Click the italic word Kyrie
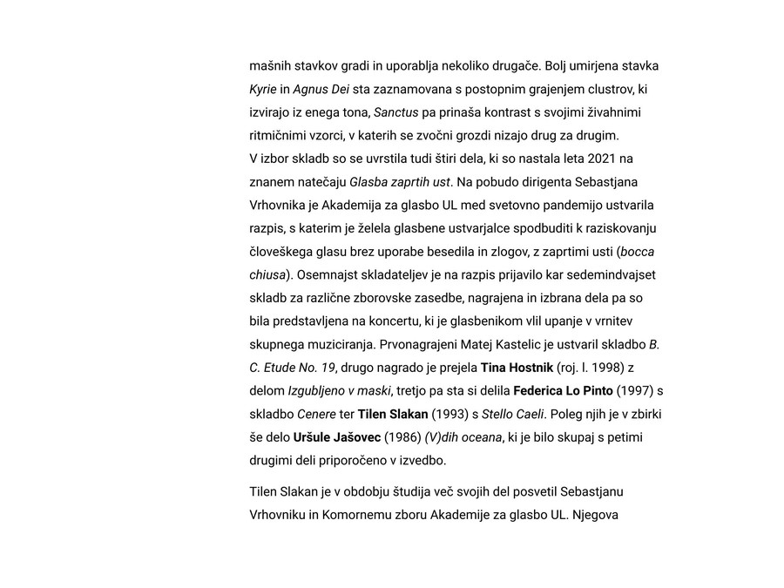(263, 89)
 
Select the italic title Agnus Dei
(321, 89)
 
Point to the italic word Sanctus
(395, 112)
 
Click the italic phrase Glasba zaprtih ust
(399, 182)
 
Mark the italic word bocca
(638, 252)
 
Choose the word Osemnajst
(333, 274)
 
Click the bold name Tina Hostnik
(517, 368)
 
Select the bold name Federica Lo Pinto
(563, 390)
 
